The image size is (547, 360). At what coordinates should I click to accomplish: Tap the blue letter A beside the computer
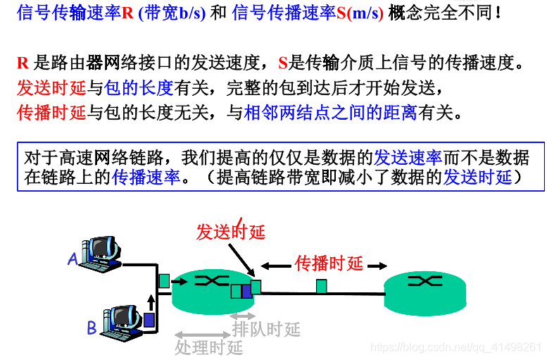click(73, 260)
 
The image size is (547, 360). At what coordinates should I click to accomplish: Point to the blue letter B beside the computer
click(92, 328)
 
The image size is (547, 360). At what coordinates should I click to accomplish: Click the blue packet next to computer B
click(149, 319)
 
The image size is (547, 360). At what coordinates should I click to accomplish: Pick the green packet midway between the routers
click(321, 286)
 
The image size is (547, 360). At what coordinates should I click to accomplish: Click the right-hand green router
click(425, 291)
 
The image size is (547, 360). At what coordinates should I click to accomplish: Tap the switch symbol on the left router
click(207, 281)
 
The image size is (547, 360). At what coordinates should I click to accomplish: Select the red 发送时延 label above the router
click(230, 232)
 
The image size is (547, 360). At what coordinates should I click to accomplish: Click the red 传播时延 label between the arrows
click(329, 264)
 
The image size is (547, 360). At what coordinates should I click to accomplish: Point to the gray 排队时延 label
click(266, 328)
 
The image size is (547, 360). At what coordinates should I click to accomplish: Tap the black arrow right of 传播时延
click(377, 265)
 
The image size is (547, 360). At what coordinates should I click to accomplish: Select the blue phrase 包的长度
click(139, 88)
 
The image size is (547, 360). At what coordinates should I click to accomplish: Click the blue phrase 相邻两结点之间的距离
click(330, 113)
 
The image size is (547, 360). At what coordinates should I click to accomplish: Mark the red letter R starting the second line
click(23, 63)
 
